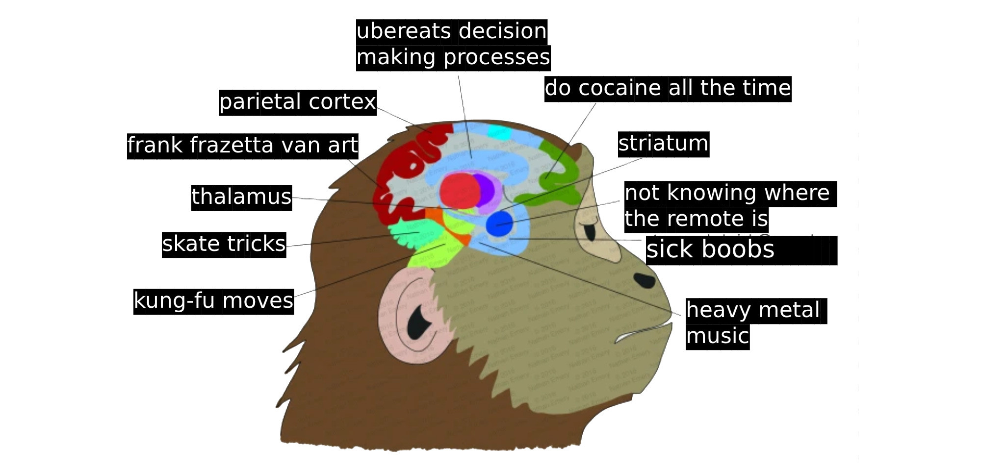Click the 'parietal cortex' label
coord(297,102)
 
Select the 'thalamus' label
coord(241,197)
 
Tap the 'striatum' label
coord(663,144)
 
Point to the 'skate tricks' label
coord(224,244)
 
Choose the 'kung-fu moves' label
coord(213,301)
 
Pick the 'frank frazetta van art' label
coord(242,146)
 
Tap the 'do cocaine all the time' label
coord(668,89)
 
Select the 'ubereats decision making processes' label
coord(453,45)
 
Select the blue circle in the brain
coord(499,224)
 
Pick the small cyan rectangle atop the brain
coord(499,132)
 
